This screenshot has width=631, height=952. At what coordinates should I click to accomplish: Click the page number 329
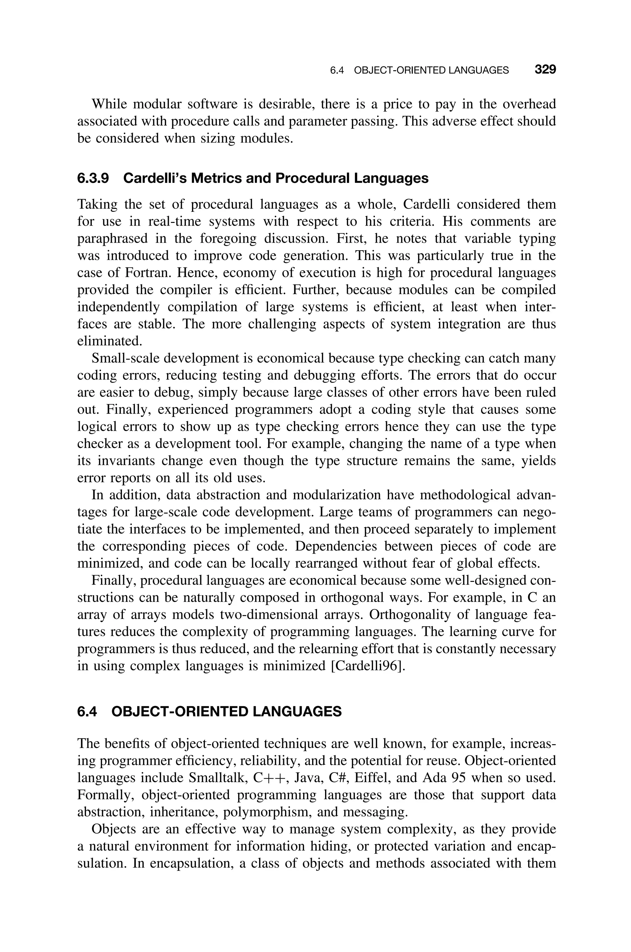point(545,70)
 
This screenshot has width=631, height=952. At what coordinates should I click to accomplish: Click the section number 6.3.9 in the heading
point(93,178)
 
